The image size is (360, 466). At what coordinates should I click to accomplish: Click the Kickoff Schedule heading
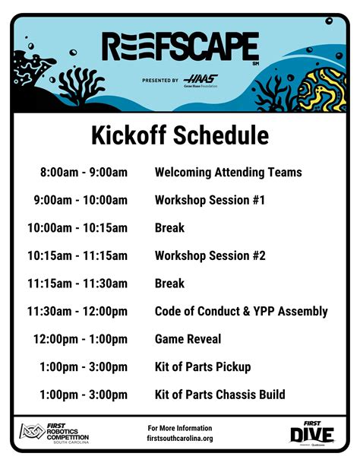[180, 135]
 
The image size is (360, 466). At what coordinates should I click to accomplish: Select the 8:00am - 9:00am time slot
[84, 173]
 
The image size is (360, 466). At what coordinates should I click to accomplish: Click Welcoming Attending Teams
[228, 173]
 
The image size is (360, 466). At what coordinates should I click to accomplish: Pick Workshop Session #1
[210, 201]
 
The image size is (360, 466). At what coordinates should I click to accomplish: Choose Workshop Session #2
[210, 256]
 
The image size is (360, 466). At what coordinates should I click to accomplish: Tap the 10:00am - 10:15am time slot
[77, 228]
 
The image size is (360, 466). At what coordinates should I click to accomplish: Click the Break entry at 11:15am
[169, 284]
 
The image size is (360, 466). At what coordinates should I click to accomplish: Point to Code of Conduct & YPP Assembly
[241, 312]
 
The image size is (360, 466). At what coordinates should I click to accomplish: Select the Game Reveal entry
[188, 339]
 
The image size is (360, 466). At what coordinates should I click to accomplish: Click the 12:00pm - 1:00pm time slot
[81, 339]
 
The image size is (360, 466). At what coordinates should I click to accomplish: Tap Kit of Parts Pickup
[203, 367]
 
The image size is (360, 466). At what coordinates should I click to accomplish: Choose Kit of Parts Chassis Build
[219, 395]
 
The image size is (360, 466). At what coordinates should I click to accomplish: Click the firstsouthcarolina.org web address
[180, 439]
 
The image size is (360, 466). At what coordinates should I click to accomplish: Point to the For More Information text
[180, 428]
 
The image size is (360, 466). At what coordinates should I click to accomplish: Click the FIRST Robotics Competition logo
[54, 433]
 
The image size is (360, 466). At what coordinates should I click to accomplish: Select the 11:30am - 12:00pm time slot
[77, 312]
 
